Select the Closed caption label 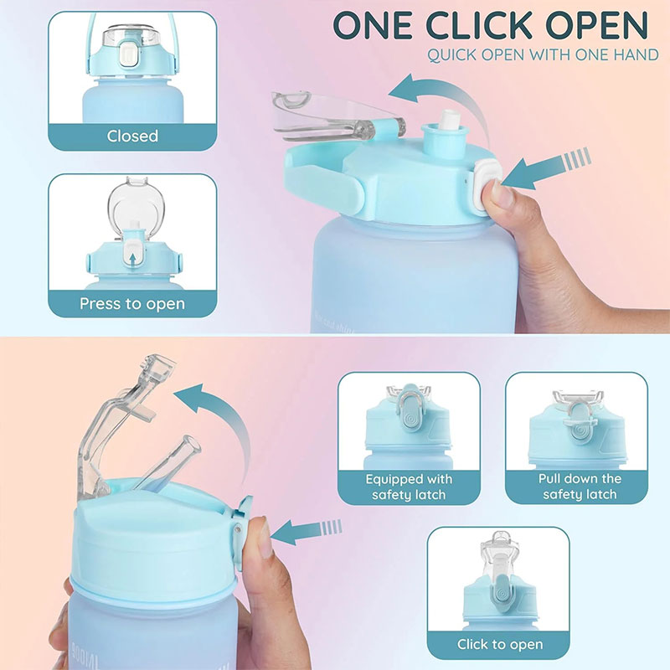132,136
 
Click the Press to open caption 132,303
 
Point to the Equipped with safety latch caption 409,487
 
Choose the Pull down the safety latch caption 580,487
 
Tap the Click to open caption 500,644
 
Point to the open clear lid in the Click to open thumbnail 502,549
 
